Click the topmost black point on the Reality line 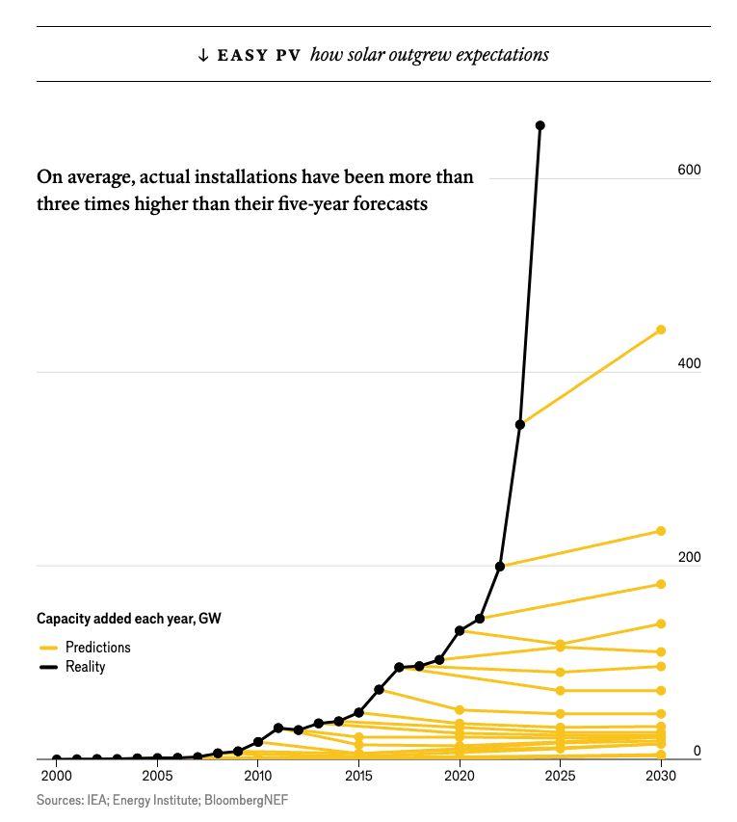[540, 126]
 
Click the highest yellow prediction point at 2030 [661, 331]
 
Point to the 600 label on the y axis [689, 171]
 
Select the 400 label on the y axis [689, 364]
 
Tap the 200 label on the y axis [689, 558]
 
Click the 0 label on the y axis [698, 752]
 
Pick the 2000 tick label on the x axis [56, 776]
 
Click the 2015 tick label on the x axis [358, 776]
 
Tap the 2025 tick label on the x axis [560, 776]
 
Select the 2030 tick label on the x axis [661, 776]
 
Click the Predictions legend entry [96, 648]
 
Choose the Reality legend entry [85, 667]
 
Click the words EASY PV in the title [258, 55]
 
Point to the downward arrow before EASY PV [203, 55]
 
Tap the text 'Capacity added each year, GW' [129, 619]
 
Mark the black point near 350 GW [520, 425]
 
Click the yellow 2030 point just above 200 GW [661, 532]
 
